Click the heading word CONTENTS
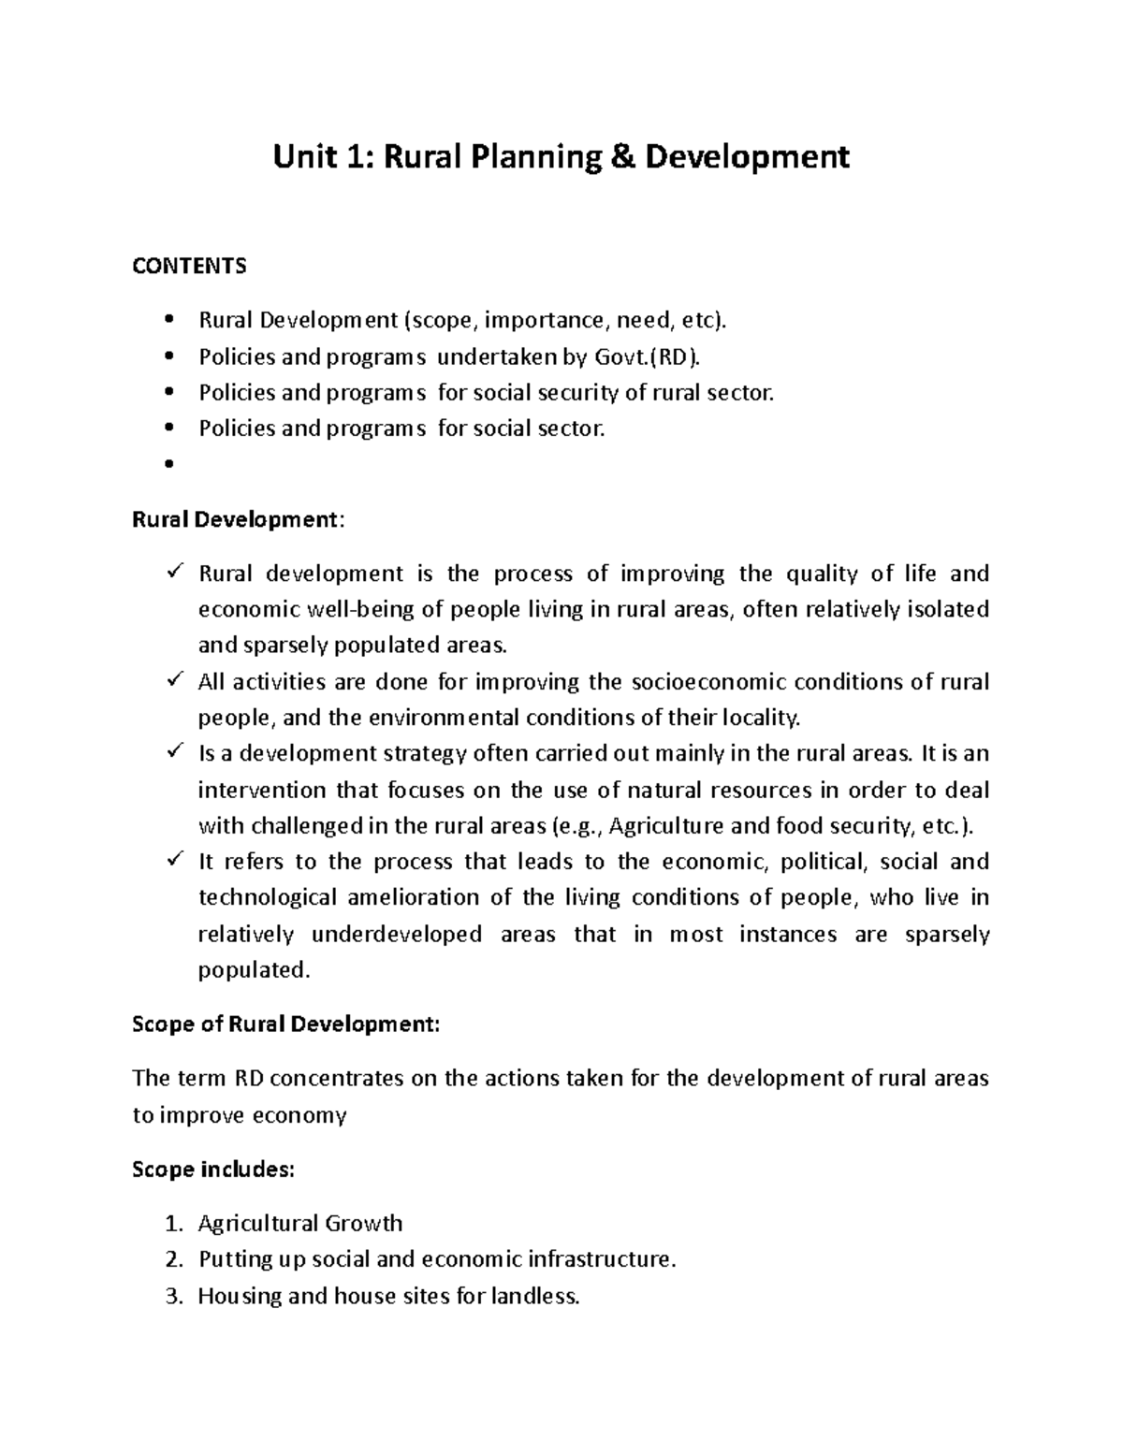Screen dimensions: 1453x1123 point(189,267)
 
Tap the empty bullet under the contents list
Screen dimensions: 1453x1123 point(169,465)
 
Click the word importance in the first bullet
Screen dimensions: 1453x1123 point(547,321)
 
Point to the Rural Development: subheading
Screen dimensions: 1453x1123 point(238,520)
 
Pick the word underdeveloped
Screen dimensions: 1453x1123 point(396,935)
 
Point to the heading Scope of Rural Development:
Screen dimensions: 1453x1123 point(285,1024)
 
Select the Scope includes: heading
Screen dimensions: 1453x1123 point(213,1170)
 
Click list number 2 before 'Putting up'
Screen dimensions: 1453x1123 point(171,1260)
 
